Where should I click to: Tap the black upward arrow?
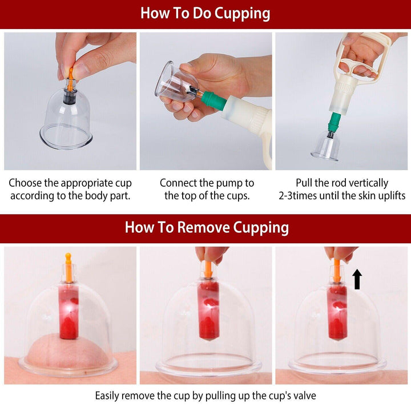click(357, 280)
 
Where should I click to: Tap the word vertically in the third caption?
click(366, 183)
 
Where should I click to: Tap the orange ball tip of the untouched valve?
click(68, 256)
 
